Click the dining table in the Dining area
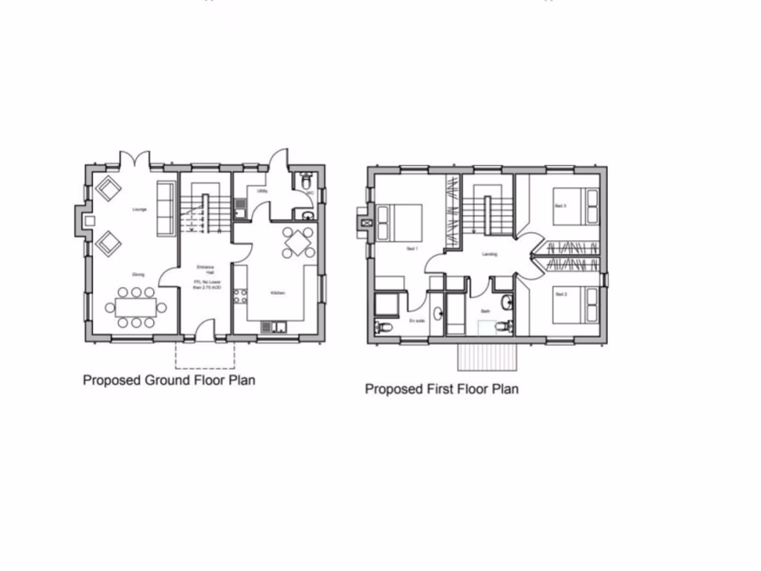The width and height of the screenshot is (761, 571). [x=135, y=307]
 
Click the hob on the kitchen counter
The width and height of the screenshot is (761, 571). [x=240, y=297]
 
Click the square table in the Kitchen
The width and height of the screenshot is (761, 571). [x=297, y=242]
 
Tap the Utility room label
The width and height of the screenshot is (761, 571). [x=262, y=191]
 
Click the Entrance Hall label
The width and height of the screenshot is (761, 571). [x=205, y=269]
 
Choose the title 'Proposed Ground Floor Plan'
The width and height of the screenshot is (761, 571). [x=169, y=381]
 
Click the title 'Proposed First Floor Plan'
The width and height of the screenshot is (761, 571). [x=441, y=389]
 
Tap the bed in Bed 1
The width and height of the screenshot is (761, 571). [x=400, y=222]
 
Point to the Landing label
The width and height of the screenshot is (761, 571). [x=489, y=254]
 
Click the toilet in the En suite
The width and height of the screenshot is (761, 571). [x=383, y=327]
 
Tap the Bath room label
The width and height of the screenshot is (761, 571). [x=484, y=311]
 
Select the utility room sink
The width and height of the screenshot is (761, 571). [x=241, y=205]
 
